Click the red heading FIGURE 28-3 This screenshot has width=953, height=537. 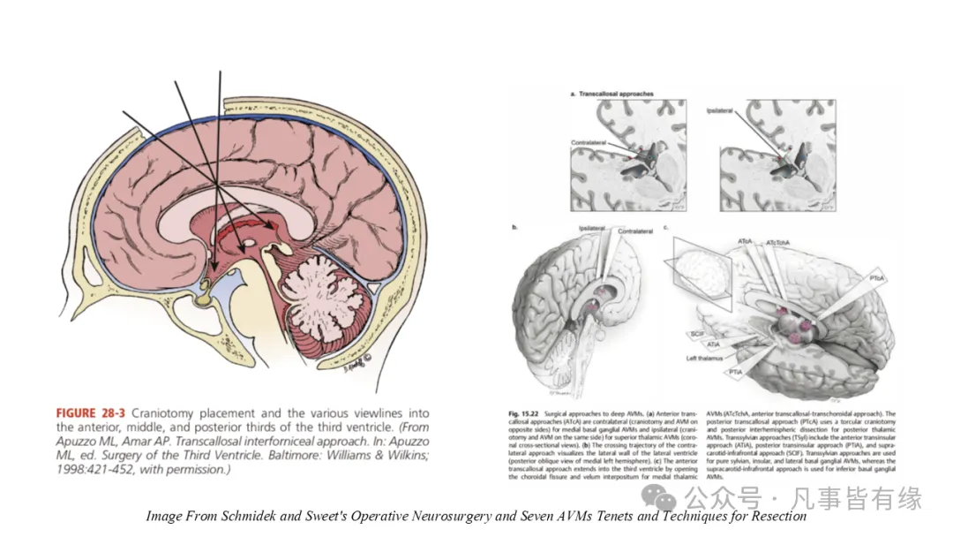point(93,413)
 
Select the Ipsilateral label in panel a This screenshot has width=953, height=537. point(720,111)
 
